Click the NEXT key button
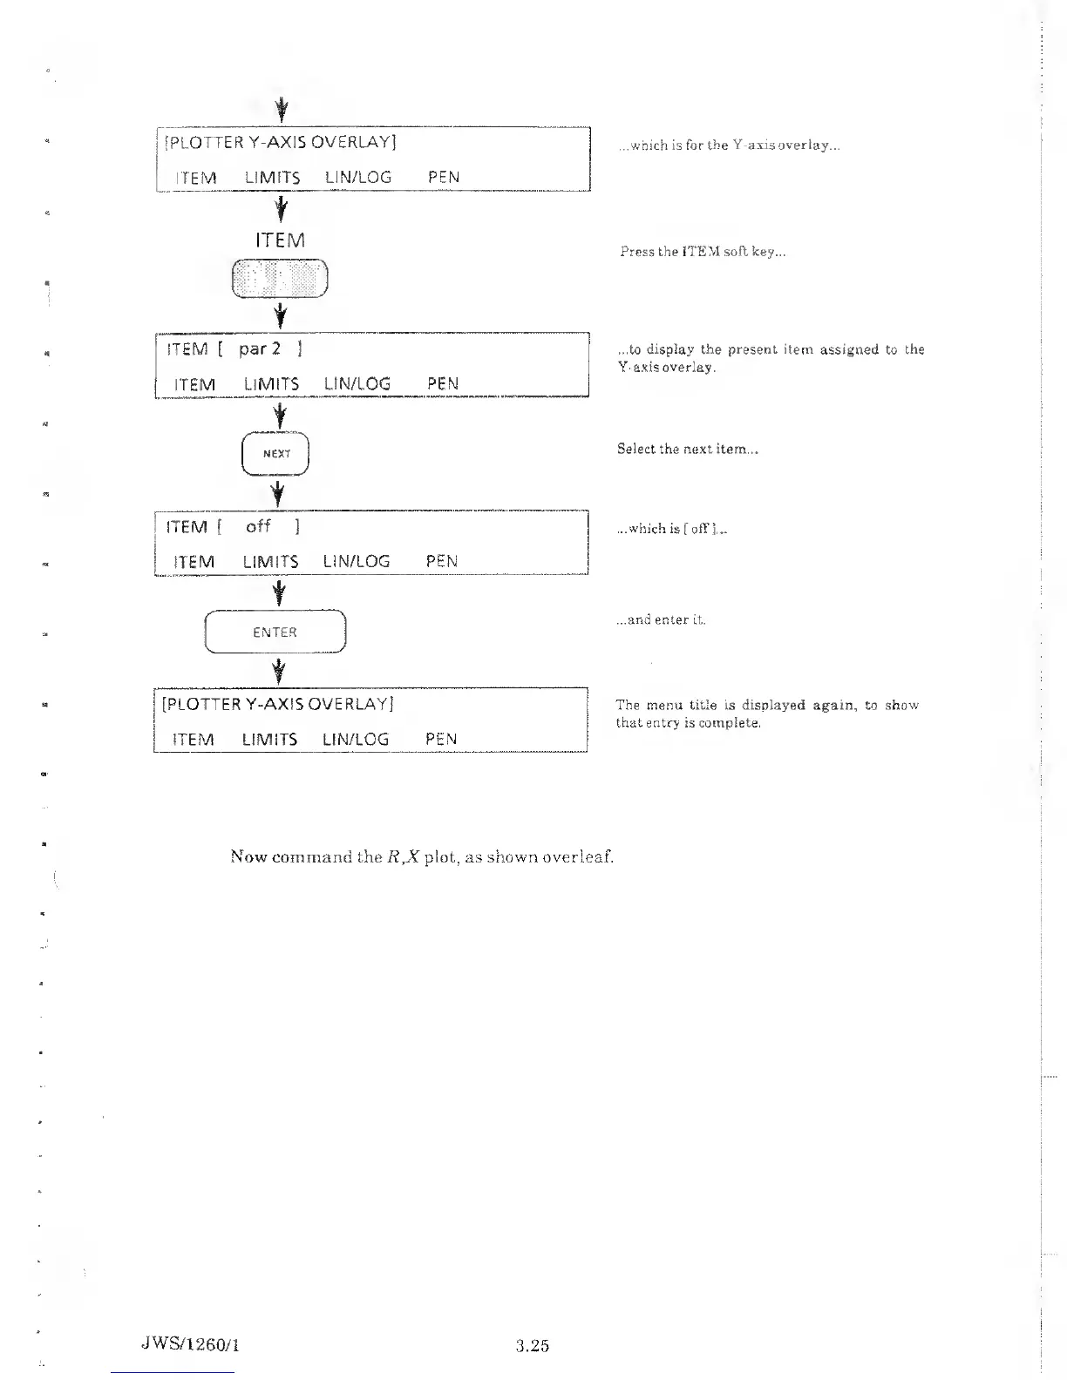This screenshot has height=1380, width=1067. [x=275, y=454]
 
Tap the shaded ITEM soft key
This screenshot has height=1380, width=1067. [x=279, y=280]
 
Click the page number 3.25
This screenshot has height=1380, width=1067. [x=532, y=1345]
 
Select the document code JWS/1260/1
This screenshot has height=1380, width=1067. [x=183, y=1344]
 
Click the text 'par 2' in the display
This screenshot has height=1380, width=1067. [x=260, y=348]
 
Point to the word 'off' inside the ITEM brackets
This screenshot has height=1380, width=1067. [x=258, y=526]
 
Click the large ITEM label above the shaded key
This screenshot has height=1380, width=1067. [x=280, y=240]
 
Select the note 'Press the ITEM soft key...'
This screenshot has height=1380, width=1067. [x=703, y=252]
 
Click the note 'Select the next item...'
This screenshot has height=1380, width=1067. [x=687, y=449]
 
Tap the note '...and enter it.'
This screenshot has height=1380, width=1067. [x=661, y=619]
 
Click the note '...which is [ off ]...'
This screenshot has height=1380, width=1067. [x=671, y=529]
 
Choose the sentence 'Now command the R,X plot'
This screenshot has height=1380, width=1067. [x=422, y=856]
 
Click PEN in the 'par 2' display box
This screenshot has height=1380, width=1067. [x=443, y=383]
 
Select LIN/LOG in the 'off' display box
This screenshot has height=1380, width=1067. [x=356, y=561]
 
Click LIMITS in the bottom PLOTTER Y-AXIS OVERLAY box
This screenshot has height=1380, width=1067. [x=269, y=739]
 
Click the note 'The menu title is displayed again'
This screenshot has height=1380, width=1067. [x=767, y=714]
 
